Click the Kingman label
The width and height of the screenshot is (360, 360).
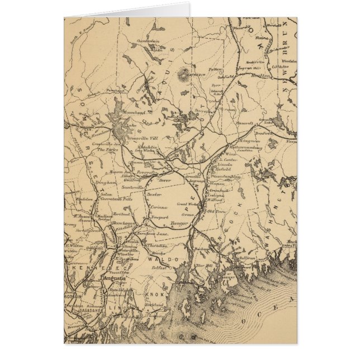pyautogui.click(x=250, y=142)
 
